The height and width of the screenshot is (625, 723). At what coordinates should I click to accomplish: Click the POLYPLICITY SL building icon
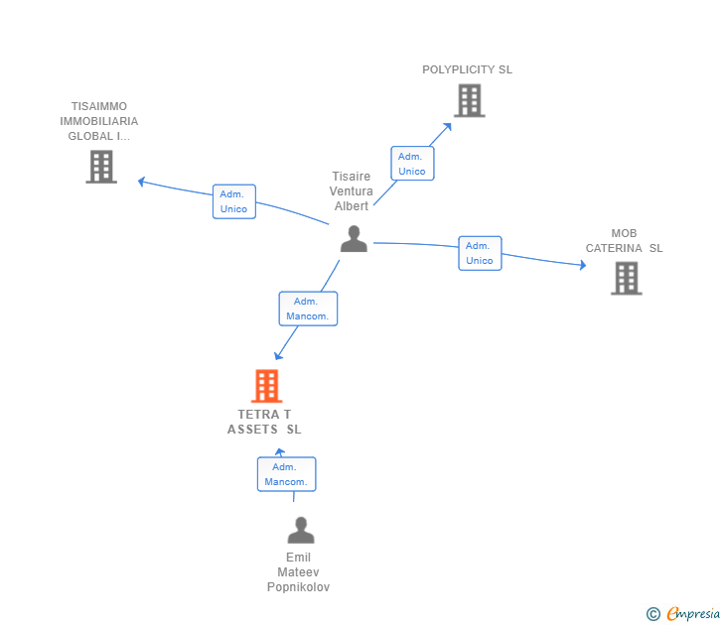[469, 100]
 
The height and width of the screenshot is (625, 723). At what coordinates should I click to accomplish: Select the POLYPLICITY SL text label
[467, 69]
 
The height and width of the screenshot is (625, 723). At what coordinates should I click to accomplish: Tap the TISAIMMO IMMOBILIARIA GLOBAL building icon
[100, 167]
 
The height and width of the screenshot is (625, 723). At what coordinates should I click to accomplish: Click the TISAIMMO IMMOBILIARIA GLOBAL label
[99, 121]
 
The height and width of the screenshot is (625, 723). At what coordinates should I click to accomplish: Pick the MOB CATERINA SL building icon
[626, 278]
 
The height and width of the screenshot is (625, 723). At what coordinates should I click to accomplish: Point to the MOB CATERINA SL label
[624, 241]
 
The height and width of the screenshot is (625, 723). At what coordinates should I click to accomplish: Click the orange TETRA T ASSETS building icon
[266, 386]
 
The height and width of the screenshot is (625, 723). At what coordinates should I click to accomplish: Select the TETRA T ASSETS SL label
[264, 422]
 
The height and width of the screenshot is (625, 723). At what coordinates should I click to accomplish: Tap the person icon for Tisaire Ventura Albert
[354, 239]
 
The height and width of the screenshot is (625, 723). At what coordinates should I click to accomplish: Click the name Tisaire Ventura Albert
[352, 191]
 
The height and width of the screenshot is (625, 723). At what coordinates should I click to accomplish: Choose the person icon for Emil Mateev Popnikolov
[300, 531]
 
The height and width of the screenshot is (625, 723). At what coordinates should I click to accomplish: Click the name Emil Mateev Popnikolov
[298, 572]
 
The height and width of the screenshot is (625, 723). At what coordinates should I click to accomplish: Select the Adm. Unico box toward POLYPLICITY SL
[412, 164]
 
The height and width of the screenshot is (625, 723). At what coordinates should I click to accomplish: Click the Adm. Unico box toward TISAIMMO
[234, 201]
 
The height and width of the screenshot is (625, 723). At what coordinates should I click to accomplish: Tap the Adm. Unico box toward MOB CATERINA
[480, 253]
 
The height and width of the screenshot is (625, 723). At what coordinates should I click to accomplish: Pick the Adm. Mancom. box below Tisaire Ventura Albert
[308, 309]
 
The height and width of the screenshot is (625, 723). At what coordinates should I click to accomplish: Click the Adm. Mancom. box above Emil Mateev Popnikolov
[286, 474]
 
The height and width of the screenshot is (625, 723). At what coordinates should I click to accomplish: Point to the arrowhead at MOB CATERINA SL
[582, 265]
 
